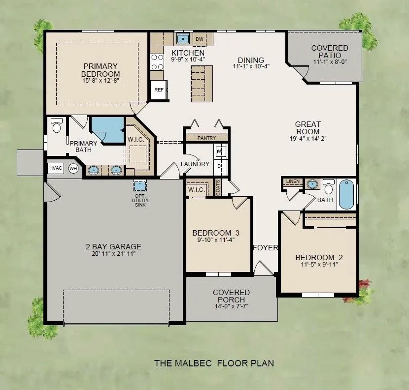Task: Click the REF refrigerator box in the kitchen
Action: point(159,90)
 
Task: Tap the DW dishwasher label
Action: point(200,39)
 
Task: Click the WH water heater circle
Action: point(73,168)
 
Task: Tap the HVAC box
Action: point(56,168)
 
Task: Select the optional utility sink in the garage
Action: point(140,186)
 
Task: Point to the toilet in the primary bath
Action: point(56,126)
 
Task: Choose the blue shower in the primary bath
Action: point(107,129)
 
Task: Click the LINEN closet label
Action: point(292,182)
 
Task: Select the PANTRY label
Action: point(206,138)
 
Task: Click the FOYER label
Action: point(266,248)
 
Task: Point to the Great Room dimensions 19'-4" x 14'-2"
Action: point(308,139)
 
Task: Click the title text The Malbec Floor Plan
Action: point(214,363)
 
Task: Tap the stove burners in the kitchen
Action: point(157,62)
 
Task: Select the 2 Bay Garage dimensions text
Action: point(113,254)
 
